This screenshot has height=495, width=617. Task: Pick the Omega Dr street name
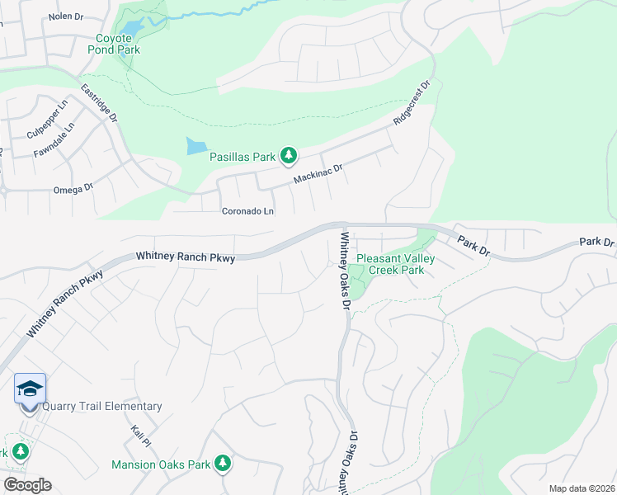[x=73, y=189]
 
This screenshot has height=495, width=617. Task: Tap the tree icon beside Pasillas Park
[x=288, y=154]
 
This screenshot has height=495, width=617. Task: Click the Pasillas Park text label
[x=242, y=155]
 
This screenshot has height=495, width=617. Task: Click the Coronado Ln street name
[x=247, y=211]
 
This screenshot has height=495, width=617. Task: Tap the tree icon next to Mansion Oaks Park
[x=221, y=464]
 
